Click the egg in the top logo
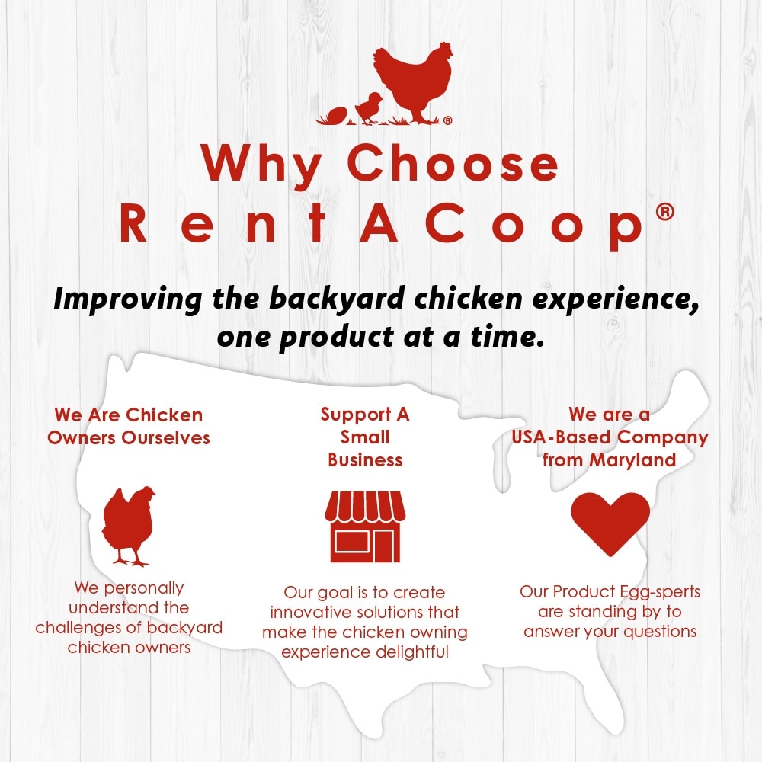[x=336, y=116]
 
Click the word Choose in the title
[x=453, y=163]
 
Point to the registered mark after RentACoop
[x=664, y=212]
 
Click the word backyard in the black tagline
[x=337, y=299]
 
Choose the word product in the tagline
[x=336, y=338]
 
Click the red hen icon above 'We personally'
[x=128, y=526]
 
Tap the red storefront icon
[x=365, y=527]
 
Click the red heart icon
[x=610, y=523]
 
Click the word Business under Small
[x=366, y=459]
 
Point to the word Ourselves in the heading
[x=165, y=438]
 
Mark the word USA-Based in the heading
[x=561, y=437]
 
